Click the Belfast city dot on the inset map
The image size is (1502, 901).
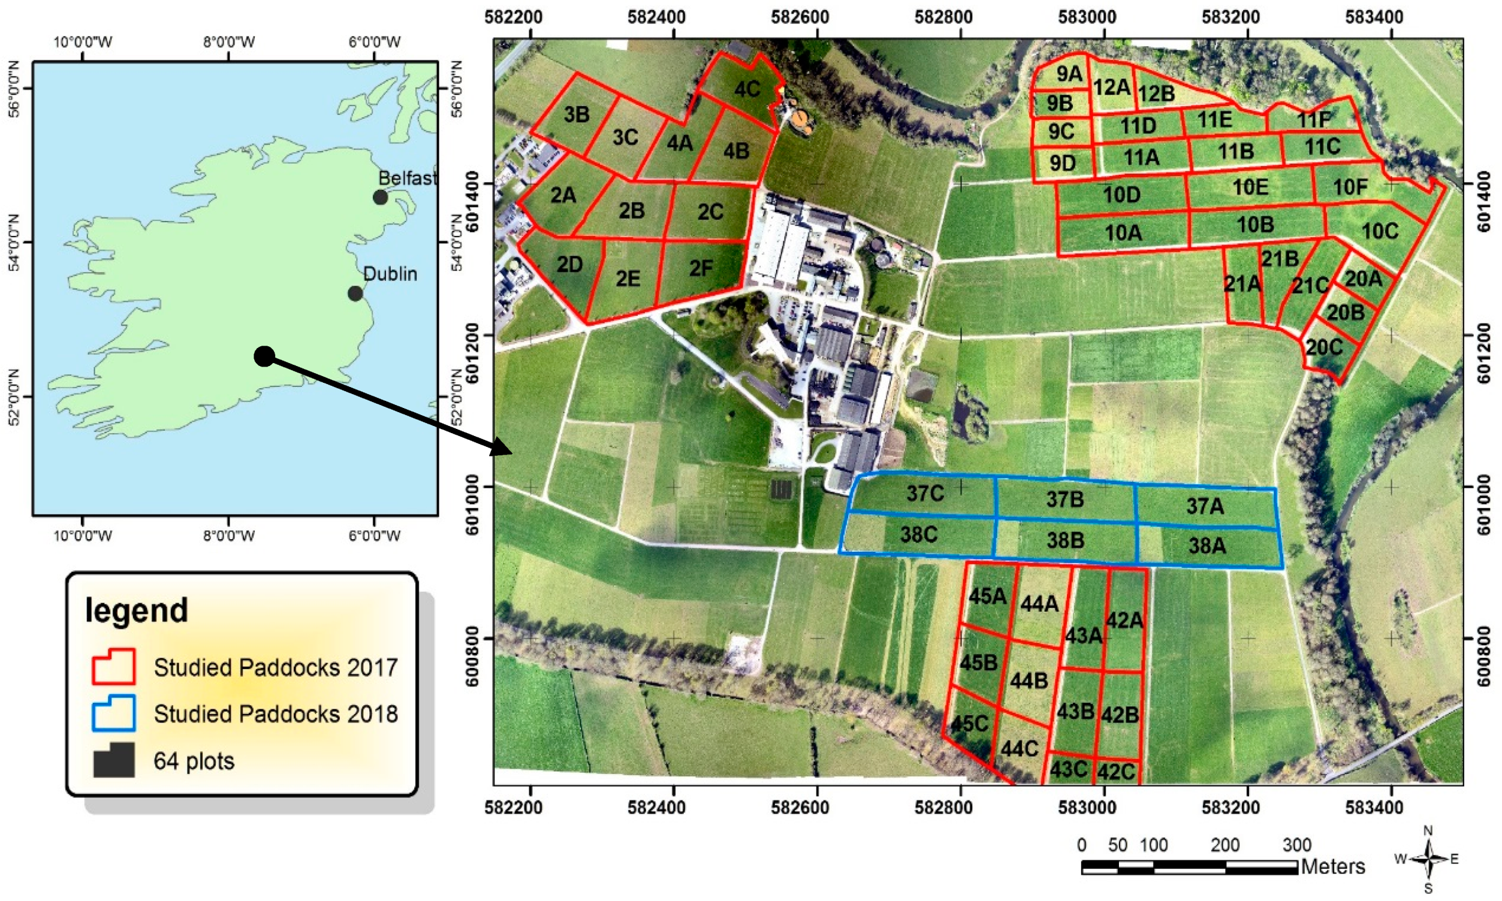pyautogui.click(x=380, y=196)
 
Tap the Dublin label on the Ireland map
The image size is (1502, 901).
pyautogui.click(x=390, y=274)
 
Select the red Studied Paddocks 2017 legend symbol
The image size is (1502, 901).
pyautogui.click(x=113, y=667)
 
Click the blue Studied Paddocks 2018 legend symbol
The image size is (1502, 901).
pyautogui.click(x=113, y=713)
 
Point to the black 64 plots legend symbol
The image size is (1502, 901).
pyautogui.click(x=113, y=760)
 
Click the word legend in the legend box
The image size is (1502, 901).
pyautogui.click(x=137, y=610)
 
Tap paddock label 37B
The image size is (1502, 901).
pyautogui.click(x=1064, y=499)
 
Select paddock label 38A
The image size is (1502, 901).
pyautogui.click(x=1207, y=546)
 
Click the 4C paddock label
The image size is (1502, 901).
pyautogui.click(x=746, y=89)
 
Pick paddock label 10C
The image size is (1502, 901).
pyautogui.click(x=1380, y=231)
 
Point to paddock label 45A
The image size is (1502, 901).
pyautogui.click(x=987, y=596)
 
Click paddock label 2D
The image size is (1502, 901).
pyautogui.click(x=570, y=265)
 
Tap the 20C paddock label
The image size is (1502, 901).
pyautogui.click(x=1324, y=347)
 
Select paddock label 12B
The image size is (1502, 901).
pyautogui.click(x=1156, y=94)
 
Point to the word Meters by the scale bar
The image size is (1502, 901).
pyautogui.click(x=1332, y=866)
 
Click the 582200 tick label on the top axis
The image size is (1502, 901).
pyautogui.click(x=513, y=17)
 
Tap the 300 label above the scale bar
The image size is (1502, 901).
pyautogui.click(x=1296, y=845)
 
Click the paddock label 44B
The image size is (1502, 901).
pyautogui.click(x=1029, y=681)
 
